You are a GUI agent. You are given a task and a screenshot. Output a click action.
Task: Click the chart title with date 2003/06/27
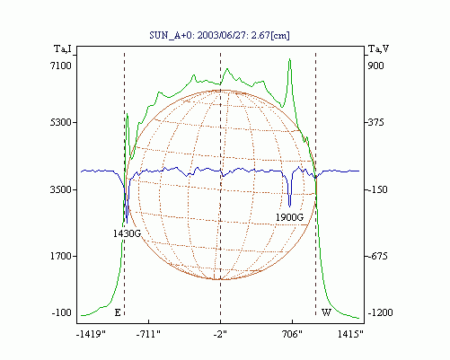pyautogui.click(x=219, y=35)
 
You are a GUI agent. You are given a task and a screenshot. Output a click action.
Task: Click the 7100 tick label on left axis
pyautogui.click(x=61, y=66)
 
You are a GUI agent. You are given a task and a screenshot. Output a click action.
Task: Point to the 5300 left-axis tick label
pyautogui.click(x=61, y=122)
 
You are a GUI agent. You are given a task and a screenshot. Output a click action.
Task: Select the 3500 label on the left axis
pyautogui.click(x=61, y=189)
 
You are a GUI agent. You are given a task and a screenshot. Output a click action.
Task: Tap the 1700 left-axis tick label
pyautogui.click(x=61, y=256)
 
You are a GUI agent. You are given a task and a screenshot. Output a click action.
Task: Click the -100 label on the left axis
pyautogui.click(x=62, y=312)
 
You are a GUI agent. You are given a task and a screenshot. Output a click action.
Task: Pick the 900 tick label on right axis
pyautogui.click(x=375, y=66)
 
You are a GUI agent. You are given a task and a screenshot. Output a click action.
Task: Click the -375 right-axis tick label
pyautogui.click(x=375, y=122)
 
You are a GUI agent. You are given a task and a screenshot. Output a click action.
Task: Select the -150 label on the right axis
pyautogui.click(x=377, y=189)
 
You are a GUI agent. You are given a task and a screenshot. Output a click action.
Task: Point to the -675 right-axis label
pyautogui.click(x=377, y=256)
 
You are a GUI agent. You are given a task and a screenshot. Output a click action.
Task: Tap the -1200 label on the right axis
pyautogui.click(x=380, y=312)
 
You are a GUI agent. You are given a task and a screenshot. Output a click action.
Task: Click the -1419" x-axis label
pyautogui.click(x=91, y=334)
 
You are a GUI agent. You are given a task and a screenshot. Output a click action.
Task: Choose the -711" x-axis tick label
pyautogui.click(x=148, y=334)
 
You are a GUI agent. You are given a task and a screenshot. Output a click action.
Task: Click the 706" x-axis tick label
pyautogui.click(x=292, y=334)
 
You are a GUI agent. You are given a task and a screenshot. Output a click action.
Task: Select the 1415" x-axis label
pyautogui.click(x=350, y=334)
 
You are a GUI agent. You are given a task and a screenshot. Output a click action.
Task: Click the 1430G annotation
pyautogui.click(x=127, y=233)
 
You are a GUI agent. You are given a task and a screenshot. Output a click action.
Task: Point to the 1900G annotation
pyautogui.click(x=289, y=217)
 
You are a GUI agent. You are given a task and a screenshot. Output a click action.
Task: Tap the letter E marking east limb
pyautogui.click(x=118, y=312)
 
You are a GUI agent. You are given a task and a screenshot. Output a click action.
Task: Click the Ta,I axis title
pyautogui.click(x=63, y=48)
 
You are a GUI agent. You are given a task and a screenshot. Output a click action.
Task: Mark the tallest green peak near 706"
pyautogui.click(x=289, y=59)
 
